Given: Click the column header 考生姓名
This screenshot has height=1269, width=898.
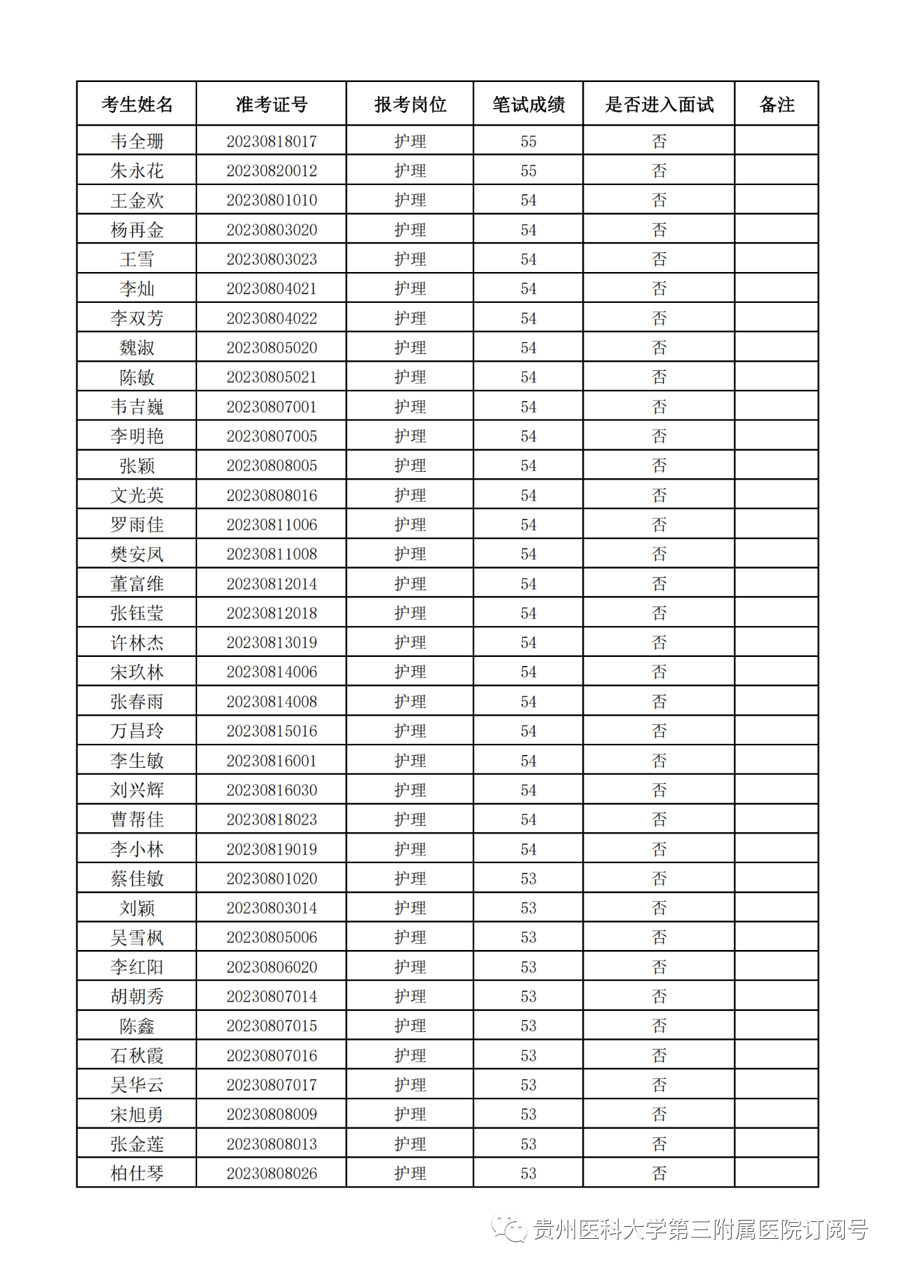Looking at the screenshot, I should [x=137, y=104].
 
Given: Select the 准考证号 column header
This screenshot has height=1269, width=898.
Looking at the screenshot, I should [x=272, y=104].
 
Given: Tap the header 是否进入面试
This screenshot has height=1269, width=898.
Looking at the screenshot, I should [x=659, y=104].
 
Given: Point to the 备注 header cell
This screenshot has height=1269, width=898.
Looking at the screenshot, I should [x=777, y=104].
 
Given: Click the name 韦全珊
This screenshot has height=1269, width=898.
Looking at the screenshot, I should [x=137, y=141].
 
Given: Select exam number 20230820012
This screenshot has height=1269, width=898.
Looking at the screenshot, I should [x=272, y=170].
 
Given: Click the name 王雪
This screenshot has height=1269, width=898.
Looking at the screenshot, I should [x=137, y=259].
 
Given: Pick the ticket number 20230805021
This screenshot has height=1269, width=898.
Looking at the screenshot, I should [x=272, y=377].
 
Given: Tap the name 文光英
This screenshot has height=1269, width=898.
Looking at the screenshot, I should [x=137, y=495].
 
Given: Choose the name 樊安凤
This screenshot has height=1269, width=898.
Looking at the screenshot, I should [x=137, y=554].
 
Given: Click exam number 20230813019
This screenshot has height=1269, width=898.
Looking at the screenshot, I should [x=272, y=642].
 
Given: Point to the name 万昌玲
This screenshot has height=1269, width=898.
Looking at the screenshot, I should [x=137, y=731].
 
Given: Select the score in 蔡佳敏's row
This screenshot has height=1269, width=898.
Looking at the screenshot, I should [x=528, y=878].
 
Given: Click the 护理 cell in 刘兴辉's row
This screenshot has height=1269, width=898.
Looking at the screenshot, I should [x=410, y=790].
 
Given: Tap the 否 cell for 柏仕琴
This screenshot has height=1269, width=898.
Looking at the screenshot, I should [x=659, y=1173].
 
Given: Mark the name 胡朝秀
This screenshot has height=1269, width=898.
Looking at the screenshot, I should [x=137, y=996].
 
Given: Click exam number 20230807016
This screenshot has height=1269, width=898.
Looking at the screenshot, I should [x=272, y=1055].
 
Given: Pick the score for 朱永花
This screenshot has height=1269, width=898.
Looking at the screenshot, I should [x=528, y=170].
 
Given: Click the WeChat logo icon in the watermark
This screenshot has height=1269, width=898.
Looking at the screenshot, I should [x=509, y=1228].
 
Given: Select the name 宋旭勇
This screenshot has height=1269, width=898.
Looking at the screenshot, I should [x=137, y=1114].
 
